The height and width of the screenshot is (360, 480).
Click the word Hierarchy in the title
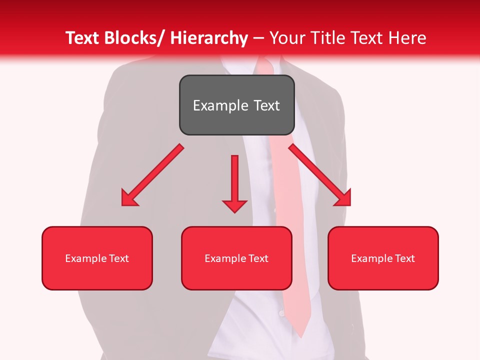click(x=209, y=38)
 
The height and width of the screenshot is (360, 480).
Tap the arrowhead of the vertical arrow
click(x=234, y=205)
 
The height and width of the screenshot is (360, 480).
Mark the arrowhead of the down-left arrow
click(x=129, y=198)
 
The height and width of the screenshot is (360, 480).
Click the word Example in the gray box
click(x=219, y=105)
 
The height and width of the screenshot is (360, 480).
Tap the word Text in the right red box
click(x=404, y=258)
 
